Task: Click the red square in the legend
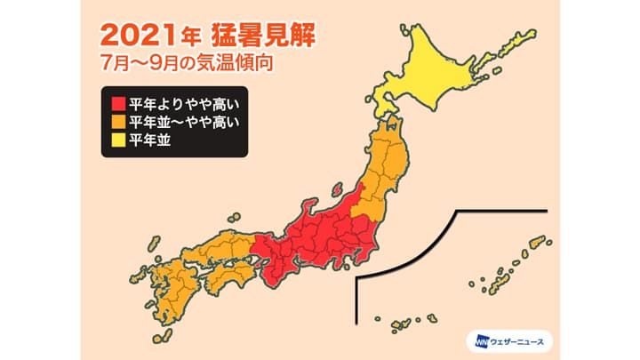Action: [x=116, y=102]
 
